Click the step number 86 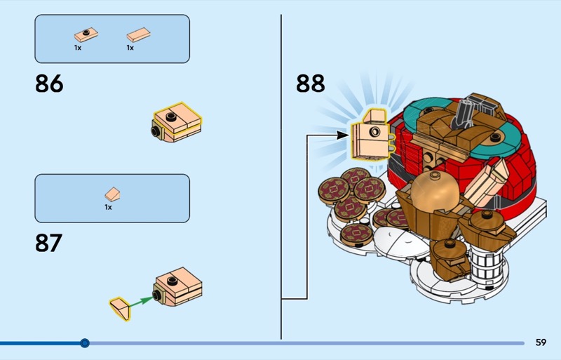point(49,84)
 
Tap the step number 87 point(48,243)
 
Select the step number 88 point(311,84)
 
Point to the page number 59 point(541,342)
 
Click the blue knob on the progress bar point(85,343)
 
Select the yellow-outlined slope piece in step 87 point(120,307)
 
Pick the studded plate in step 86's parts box point(83,34)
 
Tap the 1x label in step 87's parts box point(109,207)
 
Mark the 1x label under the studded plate point(78,48)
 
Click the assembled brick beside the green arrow point(178,287)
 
